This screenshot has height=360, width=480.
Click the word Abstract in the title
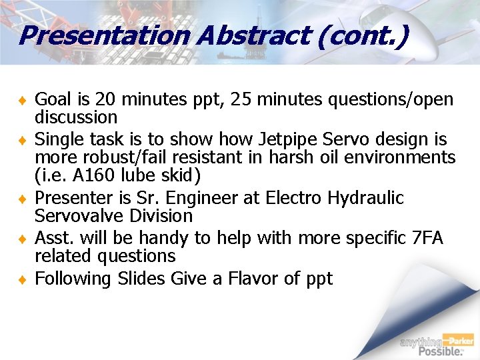click(x=254, y=35)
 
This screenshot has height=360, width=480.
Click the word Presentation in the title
click(x=104, y=35)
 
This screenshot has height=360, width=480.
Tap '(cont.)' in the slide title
click(x=363, y=35)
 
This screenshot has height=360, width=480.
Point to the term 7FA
click(x=428, y=238)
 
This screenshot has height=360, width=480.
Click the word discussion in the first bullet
click(x=76, y=117)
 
